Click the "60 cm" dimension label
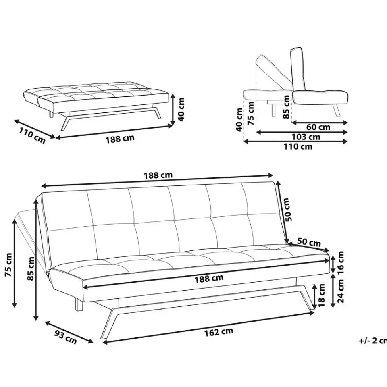[318, 127]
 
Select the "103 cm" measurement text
[306, 137]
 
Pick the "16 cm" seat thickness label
[341, 262]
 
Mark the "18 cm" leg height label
[322, 295]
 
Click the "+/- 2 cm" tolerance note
[372, 341]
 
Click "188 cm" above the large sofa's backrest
[158, 175]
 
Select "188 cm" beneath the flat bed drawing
[120, 139]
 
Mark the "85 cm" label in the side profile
[287, 107]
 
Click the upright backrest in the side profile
[298, 69]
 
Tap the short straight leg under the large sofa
[79, 304]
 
